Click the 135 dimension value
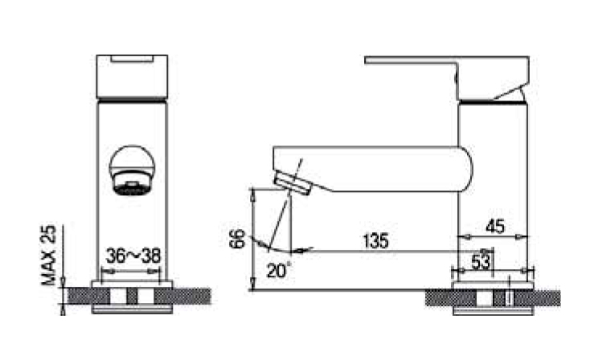375,240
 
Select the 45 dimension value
495,227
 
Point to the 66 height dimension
236,239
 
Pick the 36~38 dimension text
133,256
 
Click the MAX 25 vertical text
50,256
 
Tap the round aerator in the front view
132,171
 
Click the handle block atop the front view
133,77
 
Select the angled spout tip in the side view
294,184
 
